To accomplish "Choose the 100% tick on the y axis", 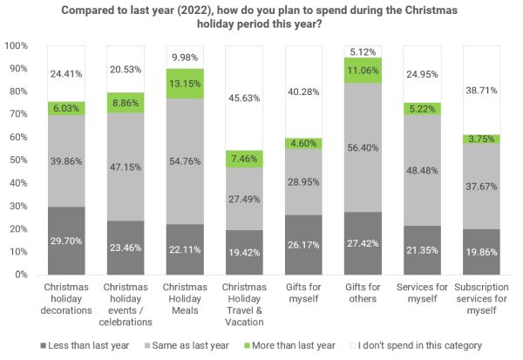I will tap(17, 44).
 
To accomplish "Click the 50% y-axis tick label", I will tap(19, 160).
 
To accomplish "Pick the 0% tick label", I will tap(23, 275).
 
